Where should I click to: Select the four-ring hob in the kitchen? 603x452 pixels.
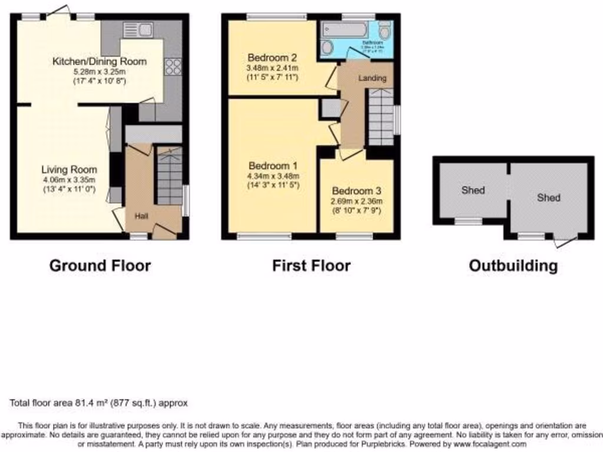[x=173, y=67]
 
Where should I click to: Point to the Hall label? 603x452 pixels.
[x=141, y=217]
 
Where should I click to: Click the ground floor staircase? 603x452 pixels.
[x=169, y=176]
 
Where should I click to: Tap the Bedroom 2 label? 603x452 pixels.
[x=272, y=58]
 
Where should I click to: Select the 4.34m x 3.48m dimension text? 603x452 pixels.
[x=273, y=176]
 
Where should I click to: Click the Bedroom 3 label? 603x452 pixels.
[x=357, y=191]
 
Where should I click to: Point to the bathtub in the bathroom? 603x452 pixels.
[x=347, y=29]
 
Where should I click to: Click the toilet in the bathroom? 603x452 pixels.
[x=385, y=31]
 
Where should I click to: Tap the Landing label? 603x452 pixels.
[x=373, y=78]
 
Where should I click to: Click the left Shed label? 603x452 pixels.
[x=473, y=190]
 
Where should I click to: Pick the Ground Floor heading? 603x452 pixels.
[x=100, y=265]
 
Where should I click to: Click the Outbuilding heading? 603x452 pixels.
[x=513, y=265]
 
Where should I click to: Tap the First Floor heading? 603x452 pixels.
[x=311, y=265]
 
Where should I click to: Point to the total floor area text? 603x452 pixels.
[x=98, y=403]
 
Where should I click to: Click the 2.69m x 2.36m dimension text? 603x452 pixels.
[x=357, y=201]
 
